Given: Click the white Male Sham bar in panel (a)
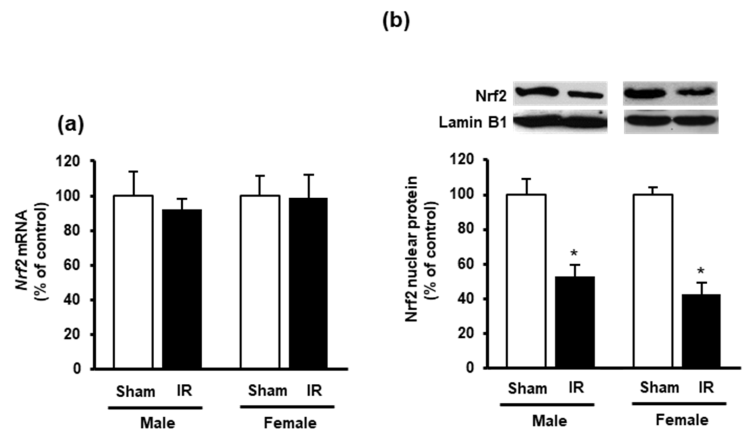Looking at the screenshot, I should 133,282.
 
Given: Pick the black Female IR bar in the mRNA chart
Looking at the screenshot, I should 308,283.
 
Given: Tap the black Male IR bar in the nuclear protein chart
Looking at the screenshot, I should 575,322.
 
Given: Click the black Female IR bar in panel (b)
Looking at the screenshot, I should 701,331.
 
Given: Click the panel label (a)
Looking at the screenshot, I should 71,125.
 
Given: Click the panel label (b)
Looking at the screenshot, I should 396,22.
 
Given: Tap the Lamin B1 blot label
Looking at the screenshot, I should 473,123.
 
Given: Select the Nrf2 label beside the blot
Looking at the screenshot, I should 491,96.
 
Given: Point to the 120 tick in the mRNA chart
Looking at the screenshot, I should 68,161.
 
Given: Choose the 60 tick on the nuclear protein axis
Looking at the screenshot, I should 466,265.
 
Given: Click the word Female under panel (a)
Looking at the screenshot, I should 290,423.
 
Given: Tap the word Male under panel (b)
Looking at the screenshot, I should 550,421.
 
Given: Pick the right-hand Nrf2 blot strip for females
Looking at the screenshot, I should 670,93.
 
